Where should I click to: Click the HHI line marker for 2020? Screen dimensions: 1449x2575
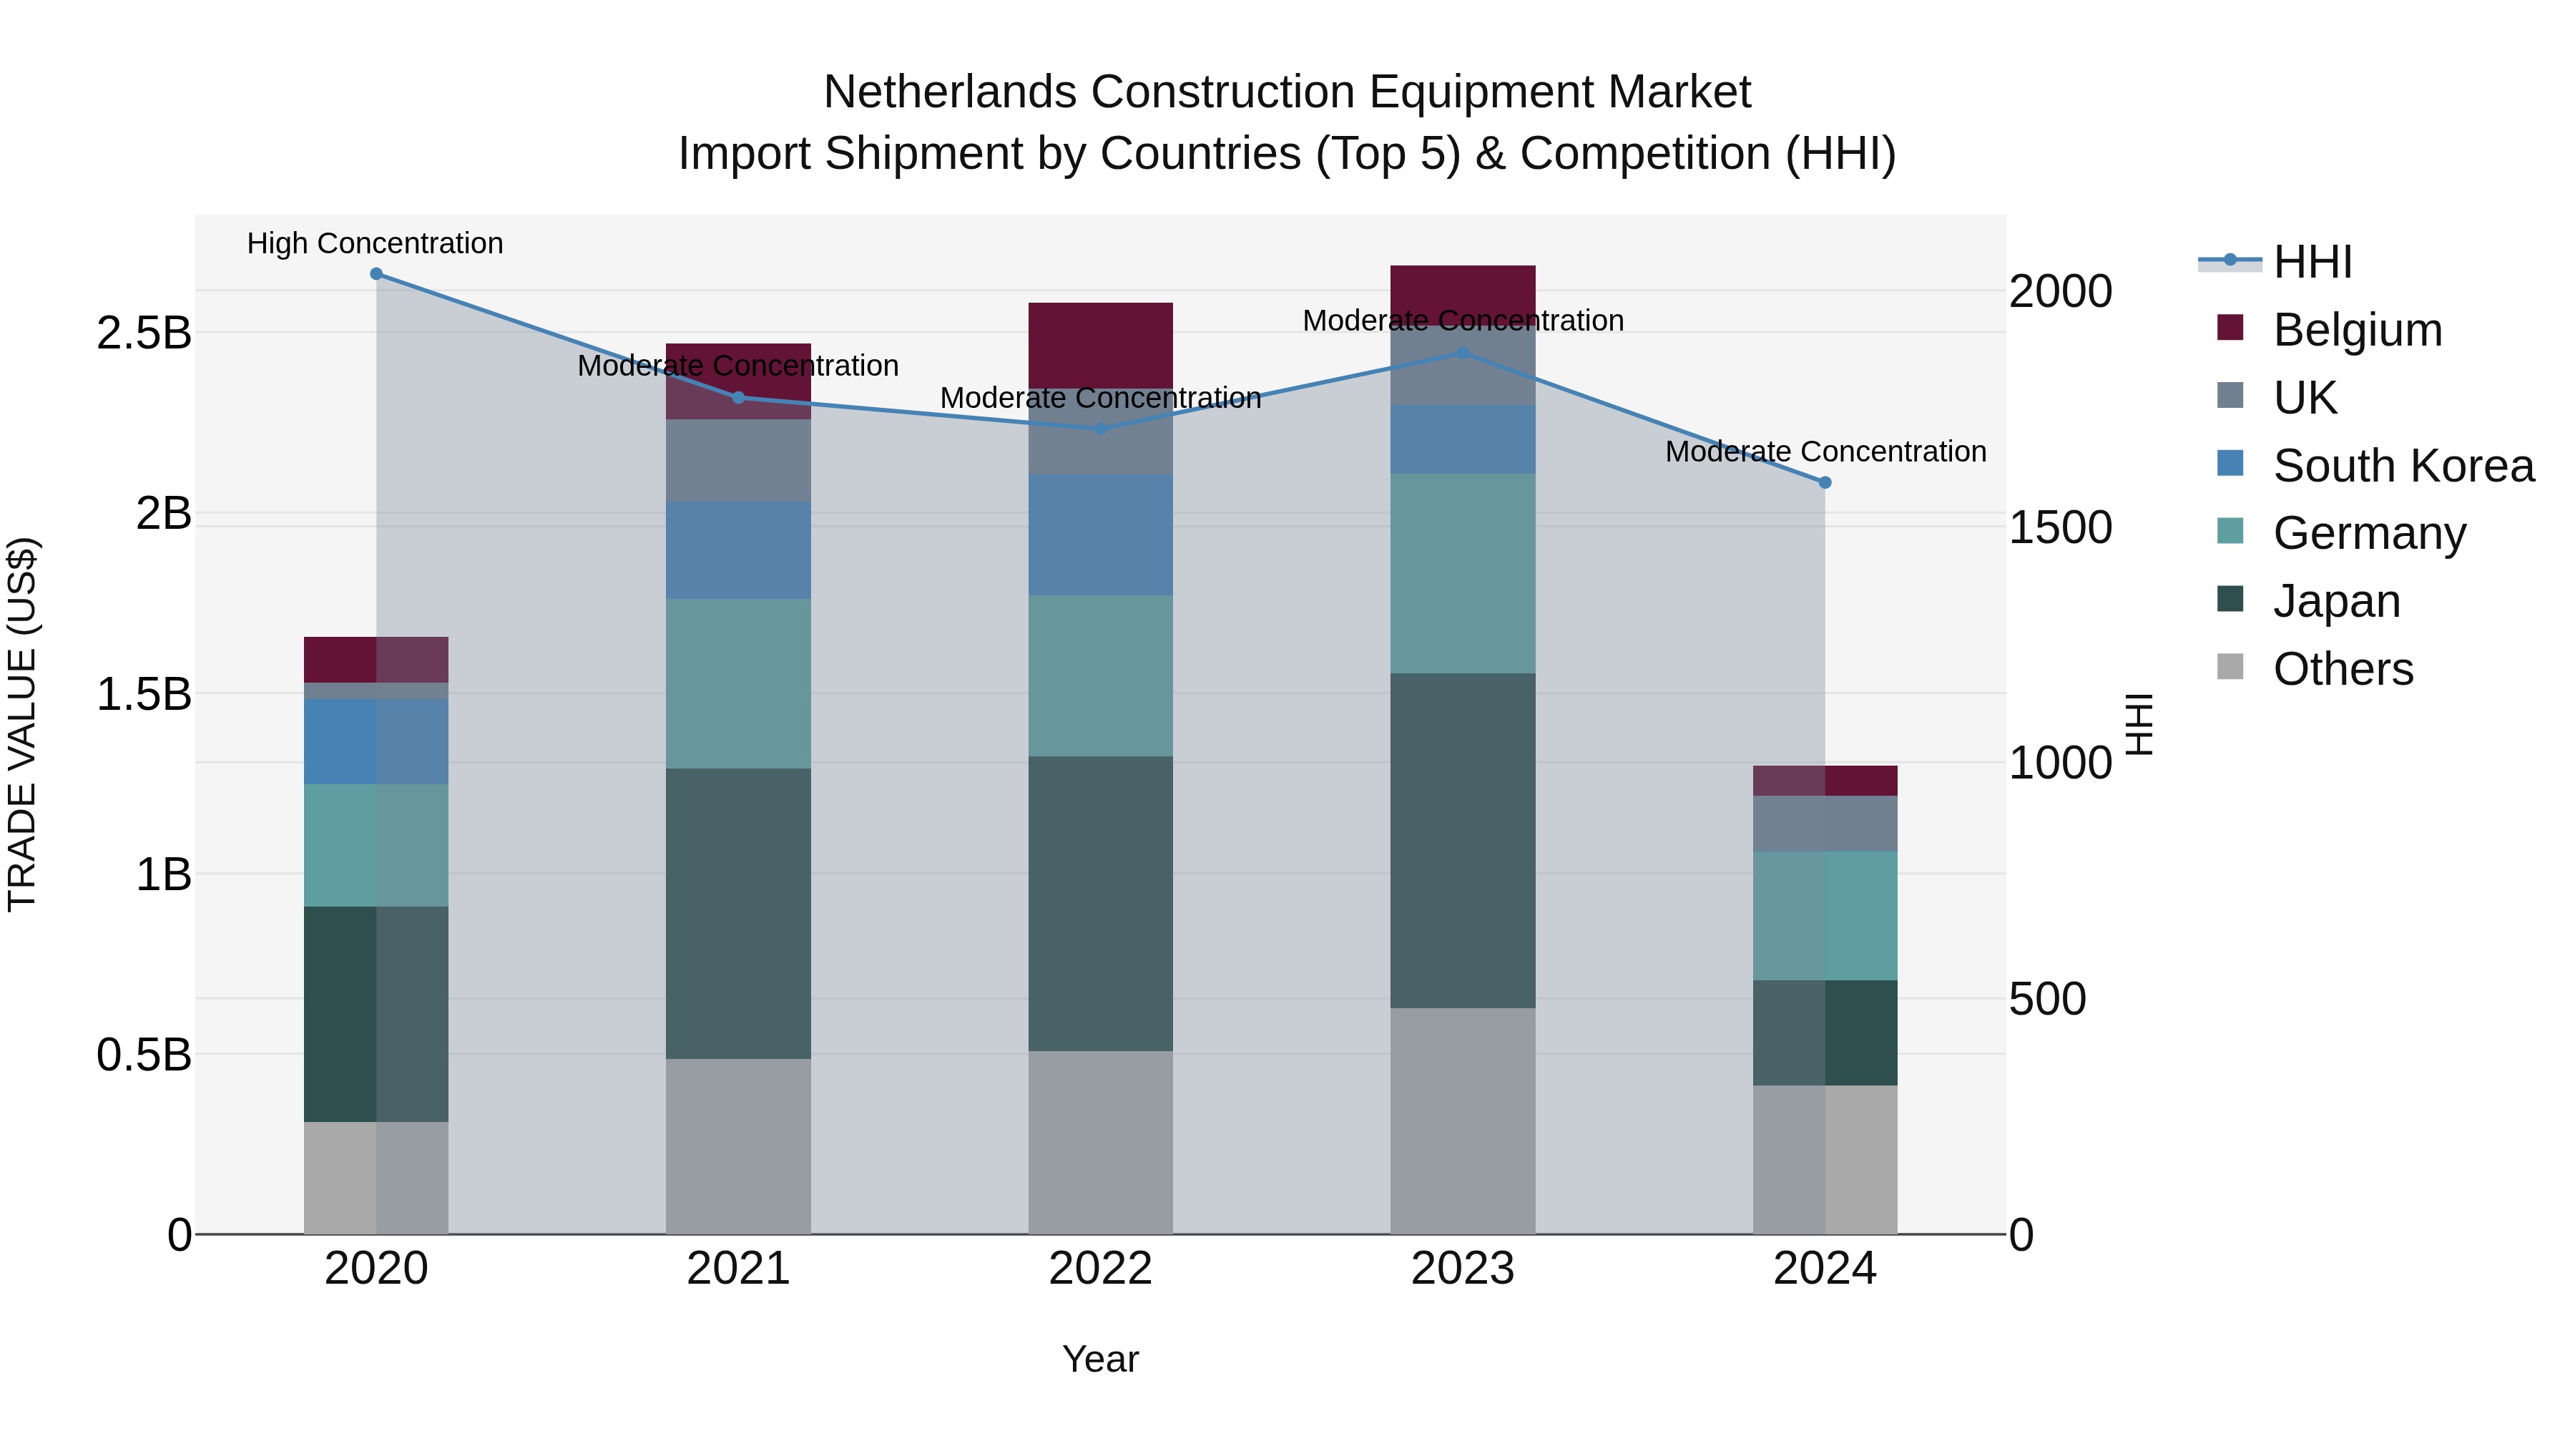click(x=376, y=274)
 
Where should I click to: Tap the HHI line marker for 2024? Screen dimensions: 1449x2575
click(x=1824, y=482)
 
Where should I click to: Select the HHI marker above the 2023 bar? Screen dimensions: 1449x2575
click(x=1463, y=353)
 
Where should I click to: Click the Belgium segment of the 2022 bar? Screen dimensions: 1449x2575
click(x=1101, y=345)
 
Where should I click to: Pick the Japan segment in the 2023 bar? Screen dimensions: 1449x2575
click(x=1463, y=840)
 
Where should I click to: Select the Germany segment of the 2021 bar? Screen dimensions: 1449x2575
click(x=737, y=683)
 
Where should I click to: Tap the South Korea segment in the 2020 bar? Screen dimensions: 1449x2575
click(x=376, y=741)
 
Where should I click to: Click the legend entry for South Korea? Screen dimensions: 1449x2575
click(x=2403, y=466)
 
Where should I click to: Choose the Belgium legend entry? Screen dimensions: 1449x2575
click(x=2357, y=330)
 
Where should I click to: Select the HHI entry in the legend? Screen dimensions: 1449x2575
click(x=2312, y=262)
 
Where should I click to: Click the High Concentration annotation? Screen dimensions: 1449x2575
click(x=375, y=244)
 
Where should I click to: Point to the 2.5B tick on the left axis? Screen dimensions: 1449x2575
click(x=144, y=333)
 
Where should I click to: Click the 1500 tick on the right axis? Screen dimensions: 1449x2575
click(x=2060, y=528)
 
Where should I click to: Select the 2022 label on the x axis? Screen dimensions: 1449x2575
click(x=1101, y=1269)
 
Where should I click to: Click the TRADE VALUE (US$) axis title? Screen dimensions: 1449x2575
click(x=22, y=724)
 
